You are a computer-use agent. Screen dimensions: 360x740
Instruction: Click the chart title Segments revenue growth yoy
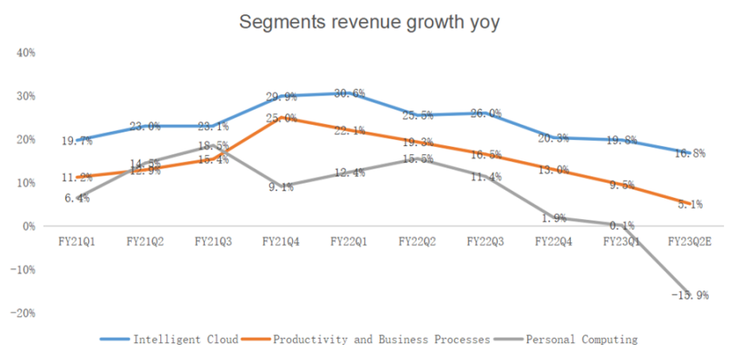click(x=370, y=23)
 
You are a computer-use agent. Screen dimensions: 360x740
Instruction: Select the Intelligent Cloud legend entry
click(x=186, y=340)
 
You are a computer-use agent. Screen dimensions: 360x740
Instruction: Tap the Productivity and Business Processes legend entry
click(x=382, y=340)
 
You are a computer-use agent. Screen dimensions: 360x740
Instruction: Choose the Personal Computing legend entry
click(x=581, y=340)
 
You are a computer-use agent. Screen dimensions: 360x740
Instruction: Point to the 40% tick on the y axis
click(x=26, y=53)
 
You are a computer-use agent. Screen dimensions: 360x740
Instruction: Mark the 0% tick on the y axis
click(x=28, y=226)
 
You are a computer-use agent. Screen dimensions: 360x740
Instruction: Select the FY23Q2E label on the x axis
click(x=688, y=241)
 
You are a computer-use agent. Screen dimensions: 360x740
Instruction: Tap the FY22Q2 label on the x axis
click(x=416, y=241)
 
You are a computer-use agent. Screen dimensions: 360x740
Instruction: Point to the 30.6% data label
click(x=348, y=94)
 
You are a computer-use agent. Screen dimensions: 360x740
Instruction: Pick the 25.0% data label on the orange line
click(x=281, y=119)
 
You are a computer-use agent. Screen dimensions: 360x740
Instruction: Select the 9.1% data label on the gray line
click(x=280, y=187)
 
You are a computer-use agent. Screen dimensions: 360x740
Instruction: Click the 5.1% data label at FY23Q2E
click(x=690, y=204)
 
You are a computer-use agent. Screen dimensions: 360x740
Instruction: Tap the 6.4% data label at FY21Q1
click(x=77, y=199)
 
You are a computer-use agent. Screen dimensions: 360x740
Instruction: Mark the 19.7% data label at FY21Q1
click(x=77, y=141)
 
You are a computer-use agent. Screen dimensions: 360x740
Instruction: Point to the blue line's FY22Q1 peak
click(x=348, y=93)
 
